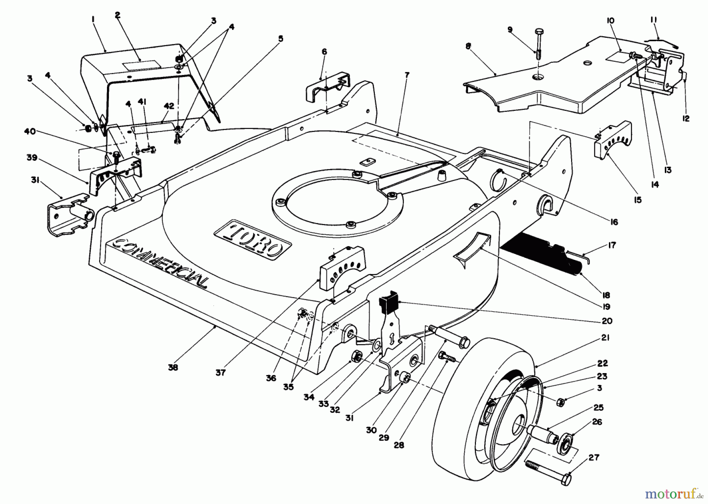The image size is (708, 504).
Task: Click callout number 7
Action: click(x=407, y=74)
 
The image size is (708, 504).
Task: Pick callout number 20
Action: click(x=607, y=321)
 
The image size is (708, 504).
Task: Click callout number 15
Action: click(x=638, y=200)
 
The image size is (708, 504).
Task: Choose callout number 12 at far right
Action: click(x=686, y=118)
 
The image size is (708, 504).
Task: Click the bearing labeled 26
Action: click(x=566, y=438)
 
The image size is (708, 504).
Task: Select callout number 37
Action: click(x=221, y=372)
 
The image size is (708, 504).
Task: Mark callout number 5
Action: click(x=280, y=39)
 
